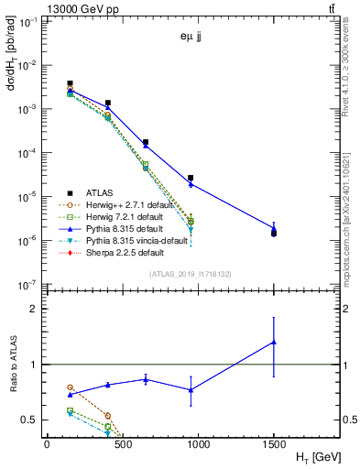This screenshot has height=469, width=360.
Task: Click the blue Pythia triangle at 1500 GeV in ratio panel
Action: click(273, 342)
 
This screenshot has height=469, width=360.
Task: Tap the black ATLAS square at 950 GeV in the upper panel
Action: click(191, 178)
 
